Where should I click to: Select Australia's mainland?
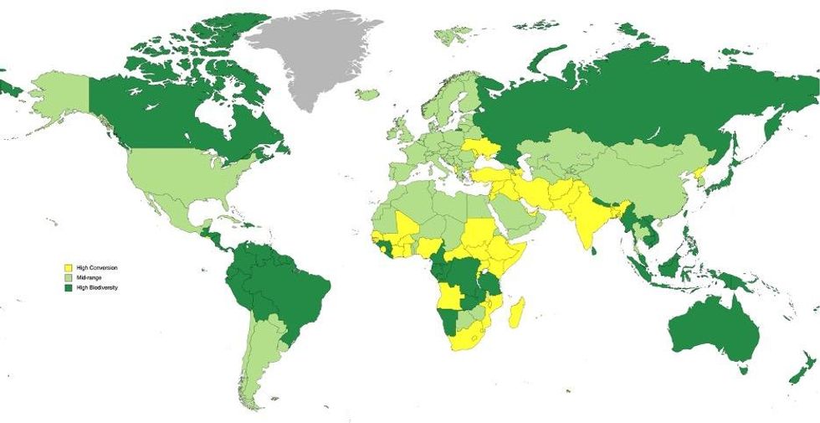coord(711,331)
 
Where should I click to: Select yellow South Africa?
coord(469,339)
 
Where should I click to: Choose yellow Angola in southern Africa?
coord(453,297)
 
